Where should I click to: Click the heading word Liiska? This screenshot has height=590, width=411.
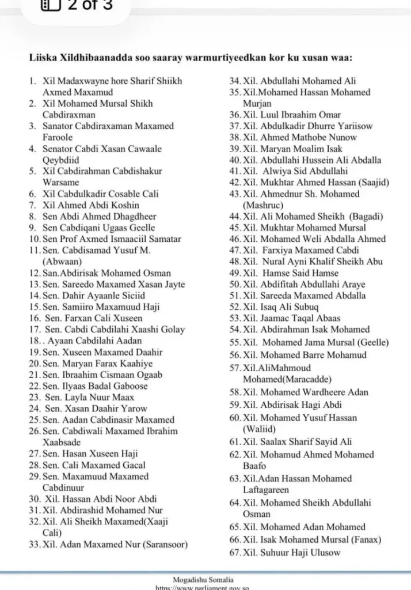(x=44, y=57)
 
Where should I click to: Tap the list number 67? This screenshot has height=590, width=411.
(x=234, y=553)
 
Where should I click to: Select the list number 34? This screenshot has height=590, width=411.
(x=234, y=81)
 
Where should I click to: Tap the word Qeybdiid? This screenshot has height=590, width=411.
(x=61, y=160)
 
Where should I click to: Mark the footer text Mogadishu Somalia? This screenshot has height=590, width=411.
(x=203, y=580)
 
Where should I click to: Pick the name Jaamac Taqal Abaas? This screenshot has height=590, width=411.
(x=300, y=318)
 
